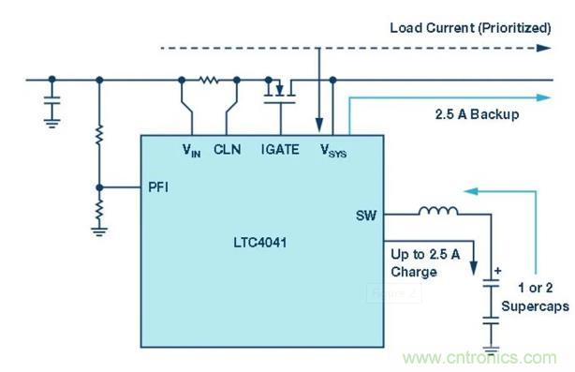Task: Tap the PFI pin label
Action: tap(159, 186)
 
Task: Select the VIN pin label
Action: tap(192, 149)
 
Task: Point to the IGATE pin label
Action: tap(279, 148)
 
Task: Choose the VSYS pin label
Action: tap(332, 149)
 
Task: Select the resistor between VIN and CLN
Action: tap(208, 81)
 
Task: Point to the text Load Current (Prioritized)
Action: tap(471, 27)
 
